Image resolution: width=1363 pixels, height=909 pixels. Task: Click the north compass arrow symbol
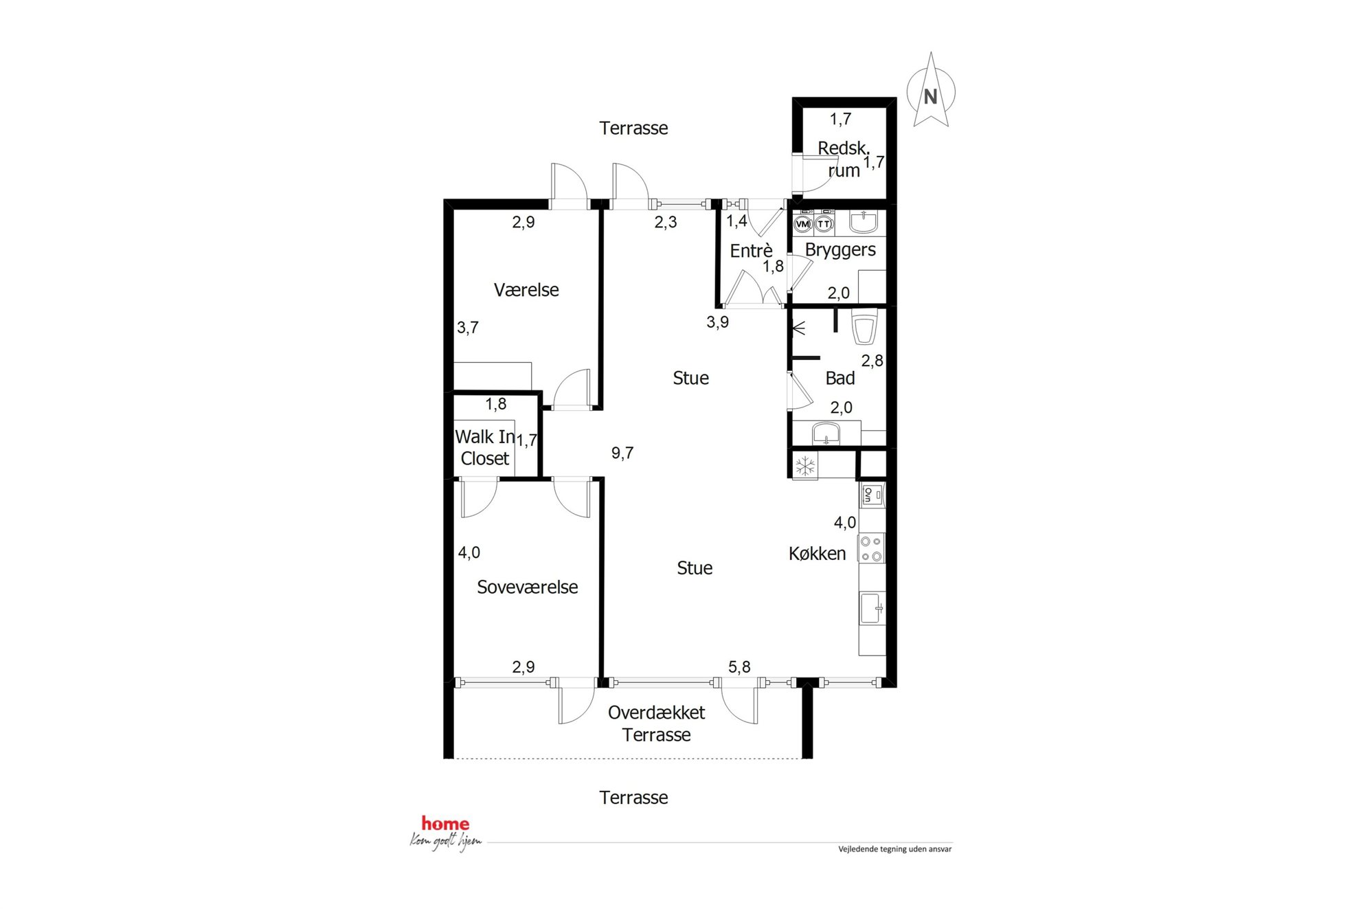click(930, 90)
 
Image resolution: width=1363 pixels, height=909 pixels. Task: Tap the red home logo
click(445, 823)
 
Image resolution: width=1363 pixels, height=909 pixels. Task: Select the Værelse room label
click(526, 290)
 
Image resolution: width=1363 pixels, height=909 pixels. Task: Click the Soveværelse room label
click(527, 587)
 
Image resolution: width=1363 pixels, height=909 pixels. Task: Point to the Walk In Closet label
click(485, 447)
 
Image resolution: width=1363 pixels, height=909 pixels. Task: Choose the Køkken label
click(817, 554)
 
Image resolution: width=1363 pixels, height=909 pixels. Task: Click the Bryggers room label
click(840, 250)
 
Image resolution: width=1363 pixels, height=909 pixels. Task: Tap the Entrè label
click(751, 251)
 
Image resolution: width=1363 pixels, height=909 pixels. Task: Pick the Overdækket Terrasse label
click(657, 723)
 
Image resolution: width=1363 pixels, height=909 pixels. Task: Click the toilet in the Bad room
click(864, 328)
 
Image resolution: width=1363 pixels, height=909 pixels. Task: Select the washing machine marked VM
click(802, 223)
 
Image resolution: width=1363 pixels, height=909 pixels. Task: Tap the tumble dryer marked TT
click(824, 223)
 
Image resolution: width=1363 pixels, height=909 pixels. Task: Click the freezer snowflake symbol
click(805, 467)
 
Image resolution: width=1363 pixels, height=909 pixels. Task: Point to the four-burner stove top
click(871, 548)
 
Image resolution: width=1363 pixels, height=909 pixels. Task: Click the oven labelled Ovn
click(872, 495)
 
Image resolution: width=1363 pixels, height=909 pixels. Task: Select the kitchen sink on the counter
click(872, 608)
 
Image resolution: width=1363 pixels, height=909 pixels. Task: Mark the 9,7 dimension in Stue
click(622, 453)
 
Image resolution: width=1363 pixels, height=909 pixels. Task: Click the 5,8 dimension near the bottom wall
click(739, 666)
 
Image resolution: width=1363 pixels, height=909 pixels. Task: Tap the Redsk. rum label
click(844, 159)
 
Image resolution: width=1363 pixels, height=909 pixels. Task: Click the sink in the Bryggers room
click(864, 222)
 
